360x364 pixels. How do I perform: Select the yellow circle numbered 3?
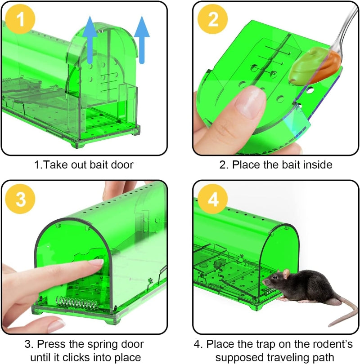20,199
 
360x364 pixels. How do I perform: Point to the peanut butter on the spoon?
315,67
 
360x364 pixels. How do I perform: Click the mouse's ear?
286,273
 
